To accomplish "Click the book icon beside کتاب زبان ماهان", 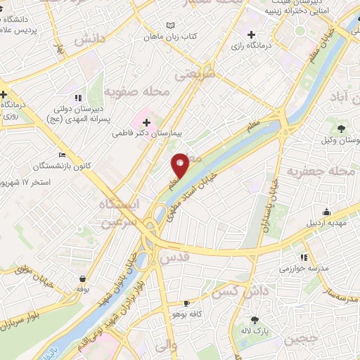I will (169, 26).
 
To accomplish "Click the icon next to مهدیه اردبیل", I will (326, 212).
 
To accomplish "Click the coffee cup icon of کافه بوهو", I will (186, 304).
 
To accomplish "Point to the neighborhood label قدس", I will (176, 259).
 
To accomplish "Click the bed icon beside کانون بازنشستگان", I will (63, 155).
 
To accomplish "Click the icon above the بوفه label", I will (84, 278).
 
